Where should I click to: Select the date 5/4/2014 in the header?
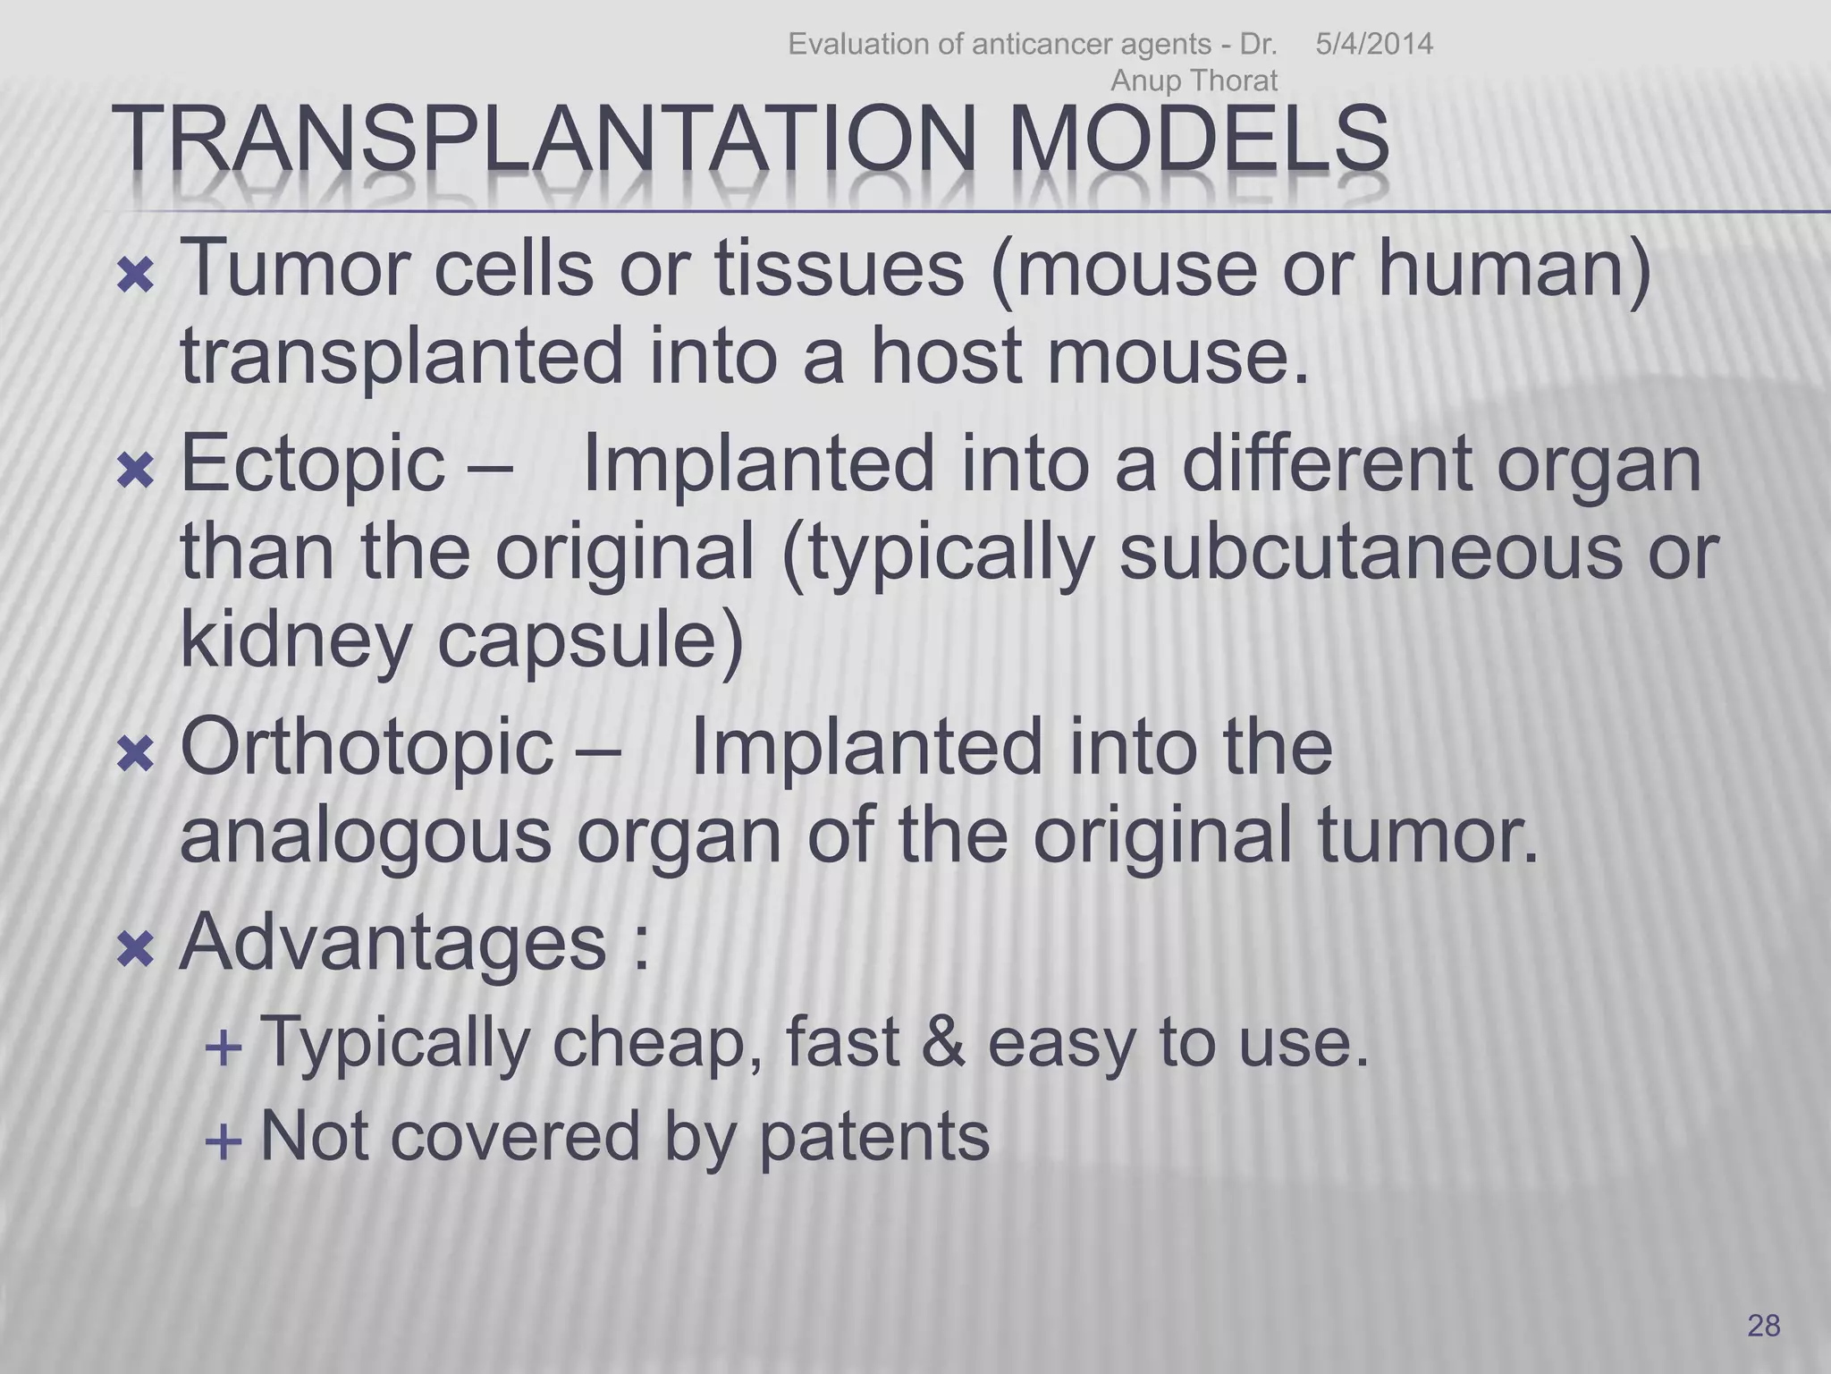(1373, 44)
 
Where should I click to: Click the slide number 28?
(1763, 1325)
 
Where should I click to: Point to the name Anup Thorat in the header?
(1194, 81)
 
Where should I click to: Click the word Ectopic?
(312, 463)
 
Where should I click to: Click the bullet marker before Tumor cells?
(136, 277)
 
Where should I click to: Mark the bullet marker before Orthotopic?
(136, 756)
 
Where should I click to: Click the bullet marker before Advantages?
(136, 950)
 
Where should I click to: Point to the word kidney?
(295, 642)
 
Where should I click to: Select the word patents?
(874, 1137)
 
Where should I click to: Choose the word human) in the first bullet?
(1515, 268)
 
